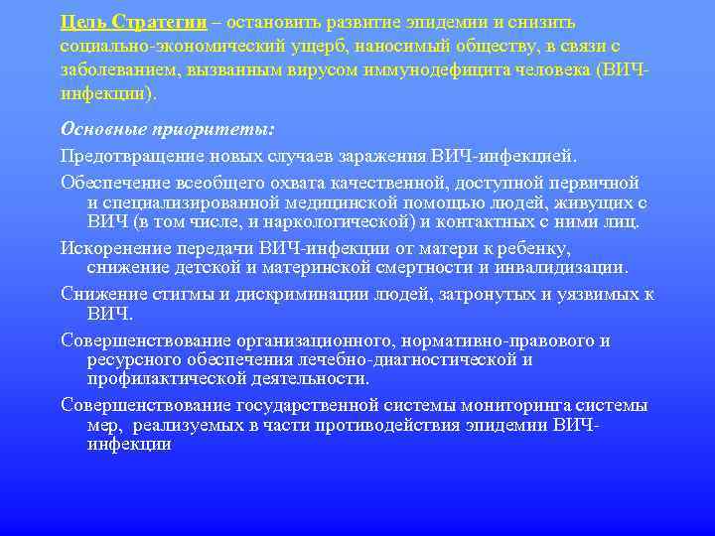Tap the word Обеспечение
click(111, 183)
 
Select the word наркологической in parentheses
click(336, 221)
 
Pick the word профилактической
click(165, 378)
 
